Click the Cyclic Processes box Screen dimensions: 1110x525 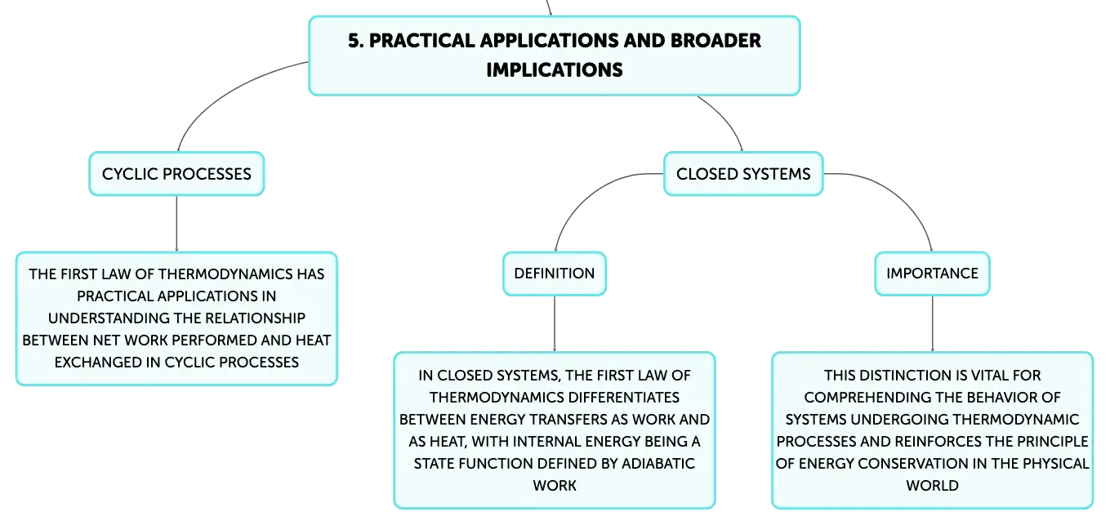coord(176,174)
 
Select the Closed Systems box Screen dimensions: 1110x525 coord(743,174)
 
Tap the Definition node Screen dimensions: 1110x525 coord(555,274)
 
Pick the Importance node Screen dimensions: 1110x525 coord(932,274)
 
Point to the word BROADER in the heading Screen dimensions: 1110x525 coord(715,41)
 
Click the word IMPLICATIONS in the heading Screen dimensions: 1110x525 coord(555,70)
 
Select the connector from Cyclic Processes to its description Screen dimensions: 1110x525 coord(176,224)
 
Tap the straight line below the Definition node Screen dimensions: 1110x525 coord(555,324)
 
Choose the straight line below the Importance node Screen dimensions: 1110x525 coord(932,324)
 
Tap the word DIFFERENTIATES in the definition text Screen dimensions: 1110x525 coord(623,397)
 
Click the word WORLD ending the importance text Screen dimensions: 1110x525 coord(932,485)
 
